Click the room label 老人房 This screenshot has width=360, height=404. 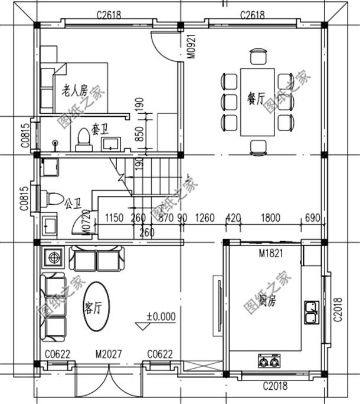(x=75, y=90)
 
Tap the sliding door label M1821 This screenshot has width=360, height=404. (x=269, y=253)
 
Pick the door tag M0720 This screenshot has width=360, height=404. (x=86, y=223)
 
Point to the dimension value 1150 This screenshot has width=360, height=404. (x=114, y=218)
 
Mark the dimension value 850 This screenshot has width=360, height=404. (x=140, y=135)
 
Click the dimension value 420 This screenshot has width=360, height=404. (x=233, y=218)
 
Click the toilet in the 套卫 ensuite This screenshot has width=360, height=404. (x=83, y=139)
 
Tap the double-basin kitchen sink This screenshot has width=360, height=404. (x=311, y=311)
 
